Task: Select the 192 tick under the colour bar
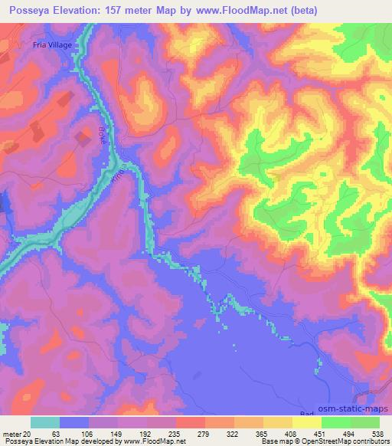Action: [x=144, y=433]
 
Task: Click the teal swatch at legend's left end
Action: [x=45, y=422]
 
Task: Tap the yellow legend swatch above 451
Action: [x=307, y=422]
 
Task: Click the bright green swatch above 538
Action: [x=365, y=422]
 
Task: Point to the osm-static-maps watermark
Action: [x=359, y=408]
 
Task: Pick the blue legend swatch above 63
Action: [x=74, y=422]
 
